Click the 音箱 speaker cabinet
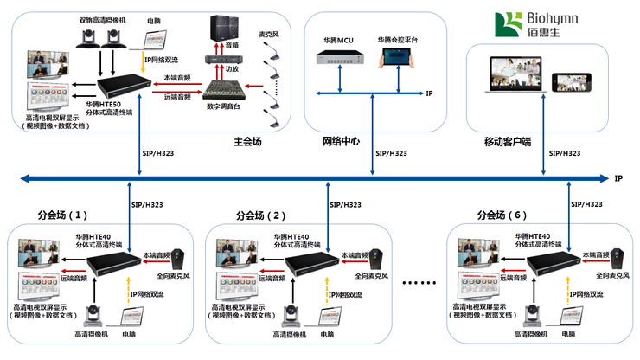tap(222, 28)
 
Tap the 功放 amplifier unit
tap(221, 59)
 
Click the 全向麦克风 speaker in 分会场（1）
tap(181, 260)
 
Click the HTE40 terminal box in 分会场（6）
tap(551, 261)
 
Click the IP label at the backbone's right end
tap(618, 178)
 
